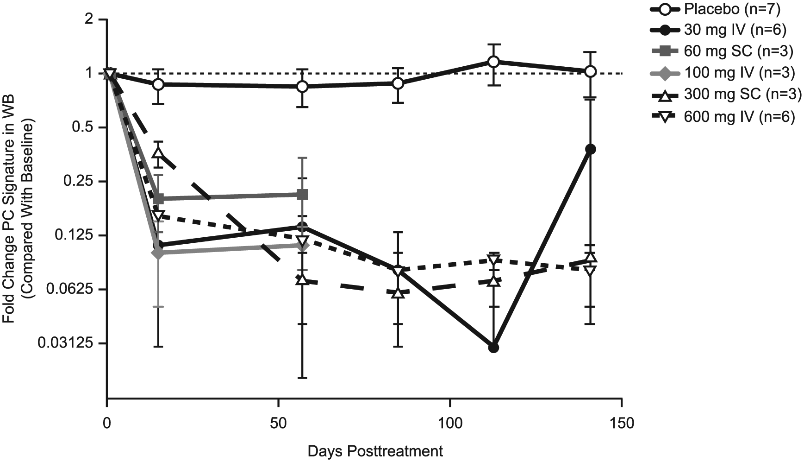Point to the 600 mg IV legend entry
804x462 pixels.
[x=721, y=116]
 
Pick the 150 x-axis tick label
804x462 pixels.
[x=622, y=424]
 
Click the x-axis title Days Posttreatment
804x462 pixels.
[x=375, y=451]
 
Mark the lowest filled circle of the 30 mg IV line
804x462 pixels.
[x=493, y=348]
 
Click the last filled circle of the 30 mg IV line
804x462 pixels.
[x=590, y=149]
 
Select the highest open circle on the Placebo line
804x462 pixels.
[x=493, y=62]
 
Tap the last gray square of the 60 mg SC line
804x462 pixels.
[x=302, y=194]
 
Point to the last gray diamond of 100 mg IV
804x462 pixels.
[x=302, y=245]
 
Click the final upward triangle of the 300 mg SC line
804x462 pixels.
[x=590, y=257]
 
